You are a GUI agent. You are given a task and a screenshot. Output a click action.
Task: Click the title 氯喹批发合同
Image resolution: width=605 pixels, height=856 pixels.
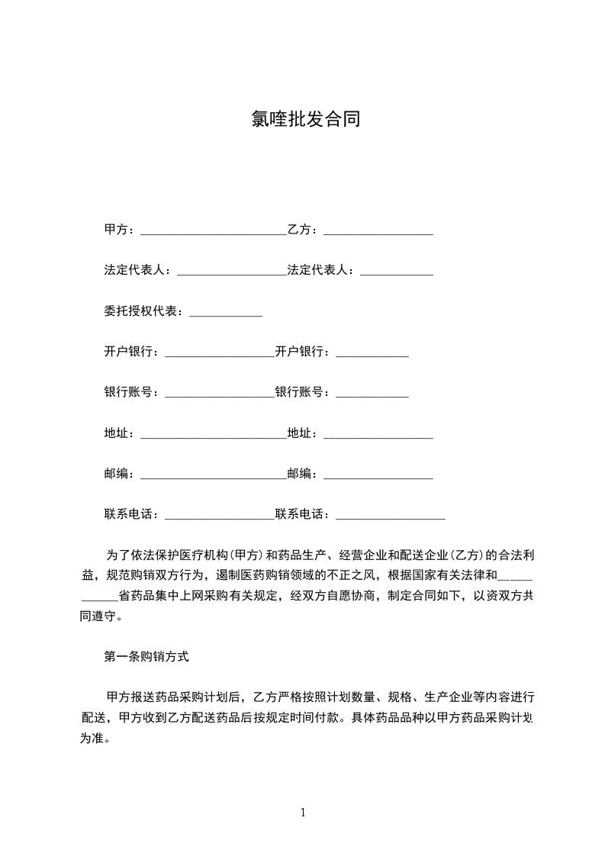click(305, 120)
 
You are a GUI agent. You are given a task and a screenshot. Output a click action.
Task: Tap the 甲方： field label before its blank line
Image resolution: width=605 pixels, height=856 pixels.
click(120, 230)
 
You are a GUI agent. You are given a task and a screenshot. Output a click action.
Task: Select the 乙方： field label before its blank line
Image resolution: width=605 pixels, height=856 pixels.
click(305, 230)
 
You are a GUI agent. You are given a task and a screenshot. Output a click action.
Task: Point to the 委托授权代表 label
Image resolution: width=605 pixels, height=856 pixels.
click(143, 311)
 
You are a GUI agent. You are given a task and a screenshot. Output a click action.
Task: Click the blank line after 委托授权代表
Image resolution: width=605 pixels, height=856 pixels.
click(225, 314)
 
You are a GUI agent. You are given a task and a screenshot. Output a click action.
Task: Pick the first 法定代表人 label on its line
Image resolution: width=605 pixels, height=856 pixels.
click(137, 270)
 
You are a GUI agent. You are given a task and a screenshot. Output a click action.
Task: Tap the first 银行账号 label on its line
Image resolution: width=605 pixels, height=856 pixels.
click(131, 393)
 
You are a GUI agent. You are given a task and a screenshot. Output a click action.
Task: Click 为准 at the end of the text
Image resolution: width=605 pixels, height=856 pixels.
click(93, 739)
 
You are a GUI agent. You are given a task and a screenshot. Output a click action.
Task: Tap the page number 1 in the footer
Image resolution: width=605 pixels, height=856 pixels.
click(303, 813)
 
